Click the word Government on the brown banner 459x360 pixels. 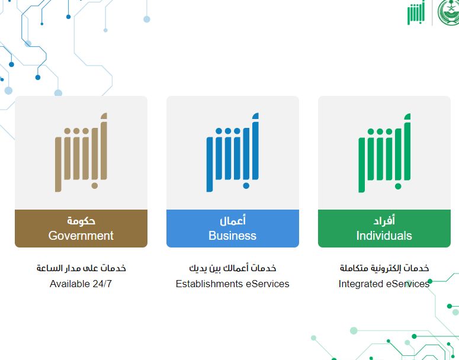point(81,236)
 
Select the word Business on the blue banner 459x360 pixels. point(232,236)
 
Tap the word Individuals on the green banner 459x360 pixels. point(384,236)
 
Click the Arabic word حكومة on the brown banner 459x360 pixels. point(81,221)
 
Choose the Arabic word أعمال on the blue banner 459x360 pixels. point(232,221)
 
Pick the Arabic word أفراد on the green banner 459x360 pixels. point(384,221)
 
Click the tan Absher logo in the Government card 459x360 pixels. point(81,152)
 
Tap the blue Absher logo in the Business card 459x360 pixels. point(233,152)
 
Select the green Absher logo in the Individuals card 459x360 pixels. point(384,152)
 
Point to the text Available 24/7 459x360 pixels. point(81,284)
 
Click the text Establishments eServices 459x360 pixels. point(232,284)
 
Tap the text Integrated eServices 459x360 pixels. point(384,284)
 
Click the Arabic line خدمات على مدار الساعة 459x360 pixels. point(81,268)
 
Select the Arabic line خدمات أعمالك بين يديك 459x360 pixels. point(232,268)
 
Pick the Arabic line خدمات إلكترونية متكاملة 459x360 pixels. point(384,268)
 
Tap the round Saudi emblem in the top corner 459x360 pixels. point(449,12)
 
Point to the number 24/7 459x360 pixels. point(101,284)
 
